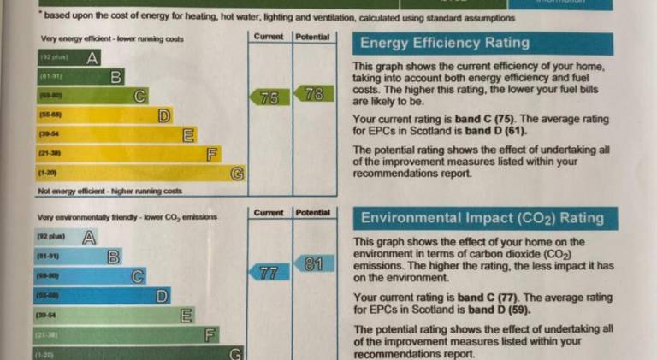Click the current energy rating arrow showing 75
point(267,97)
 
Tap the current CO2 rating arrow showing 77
point(267,273)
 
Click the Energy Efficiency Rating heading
point(445,44)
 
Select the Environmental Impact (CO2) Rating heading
point(482,218)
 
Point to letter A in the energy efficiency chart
point(92,58)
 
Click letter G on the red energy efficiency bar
point(238,174)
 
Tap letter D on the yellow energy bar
point(164,115)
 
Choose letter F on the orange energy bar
point(213,154)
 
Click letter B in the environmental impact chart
point(112,256)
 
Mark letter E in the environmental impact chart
point(185,316)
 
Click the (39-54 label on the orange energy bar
point(49,134)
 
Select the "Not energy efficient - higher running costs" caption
point(110,192)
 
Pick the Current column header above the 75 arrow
point(269,37)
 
